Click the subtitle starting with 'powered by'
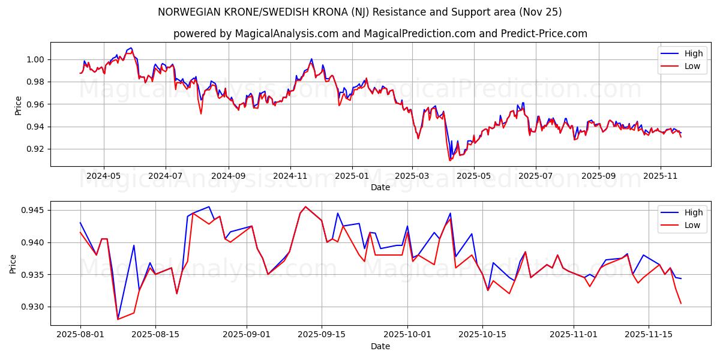coord(380,34)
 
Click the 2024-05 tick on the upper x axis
coord(104,176)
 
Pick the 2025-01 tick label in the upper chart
coord(352,176)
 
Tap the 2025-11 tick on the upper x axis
coord(660,176)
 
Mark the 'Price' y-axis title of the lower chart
coord(13,263)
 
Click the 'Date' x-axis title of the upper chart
coord(380,187)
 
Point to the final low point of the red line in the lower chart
coord(681,304)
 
